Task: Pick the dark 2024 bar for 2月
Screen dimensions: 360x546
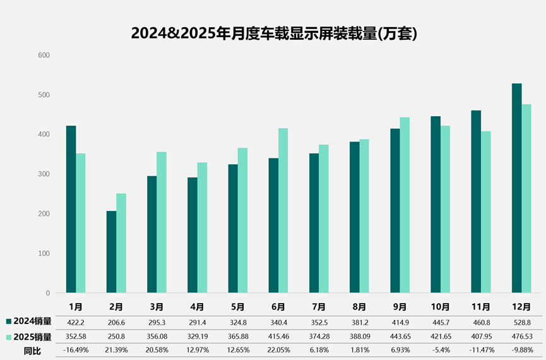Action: [x=111, y=252]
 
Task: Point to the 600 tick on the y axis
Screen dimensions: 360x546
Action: [x=44, y=56]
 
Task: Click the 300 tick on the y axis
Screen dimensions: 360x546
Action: [x=44, y=174]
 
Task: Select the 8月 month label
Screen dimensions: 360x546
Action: [x=359, y=307]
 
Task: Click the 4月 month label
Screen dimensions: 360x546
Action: [x=197, y=307]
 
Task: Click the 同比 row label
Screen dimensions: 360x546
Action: [x=32, y=351]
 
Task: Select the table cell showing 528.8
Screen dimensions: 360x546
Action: [x=521, y=322]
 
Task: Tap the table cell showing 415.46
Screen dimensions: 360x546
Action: [x=278, y=337]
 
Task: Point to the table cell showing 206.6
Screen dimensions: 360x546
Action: [x=116, y=322]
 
